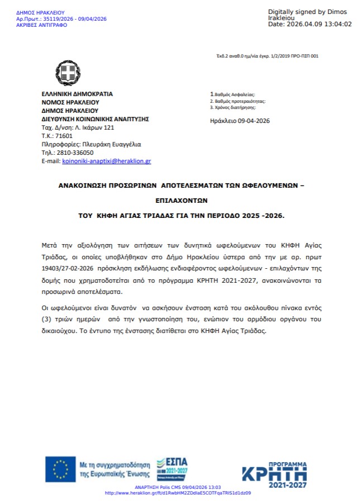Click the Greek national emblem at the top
(68, 73)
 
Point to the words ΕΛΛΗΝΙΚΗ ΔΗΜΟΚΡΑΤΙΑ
(77, 94)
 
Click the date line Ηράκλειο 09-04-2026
(240, 121)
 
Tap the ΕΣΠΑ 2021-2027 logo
(172, 469)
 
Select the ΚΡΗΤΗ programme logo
(274, 475)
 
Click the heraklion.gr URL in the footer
(178, 493)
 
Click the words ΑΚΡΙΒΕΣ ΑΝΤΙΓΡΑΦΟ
(41, 25)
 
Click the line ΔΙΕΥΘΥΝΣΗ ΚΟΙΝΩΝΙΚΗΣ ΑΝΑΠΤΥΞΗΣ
(95, 119)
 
